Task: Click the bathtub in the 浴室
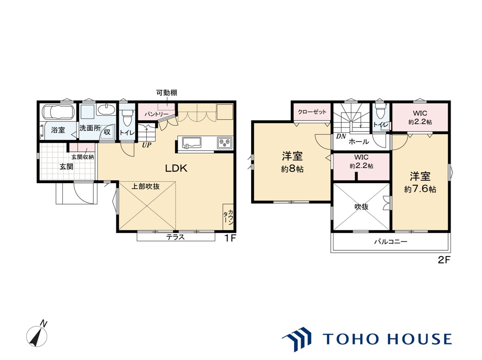[x=58, y=112]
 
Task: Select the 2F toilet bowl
[x=380, y=112]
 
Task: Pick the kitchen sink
[x=191, y=143]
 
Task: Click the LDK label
[x=176, y=168]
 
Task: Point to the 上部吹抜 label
[x=146, y=186]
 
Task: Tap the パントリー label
[x=157, y=114]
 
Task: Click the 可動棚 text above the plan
[x=167, y=92]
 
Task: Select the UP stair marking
[x=146, y=145]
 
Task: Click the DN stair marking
[x=341, y=137]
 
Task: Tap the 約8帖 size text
[x=292, y=169]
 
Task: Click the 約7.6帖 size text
[x=420, y=189]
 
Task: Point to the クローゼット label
[x=312, y=112]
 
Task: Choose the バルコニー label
[x=391, y=242]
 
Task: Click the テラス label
[x=175, y=237]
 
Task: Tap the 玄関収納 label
[x=83, y=157]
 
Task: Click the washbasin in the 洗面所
[x=106, y=110]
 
